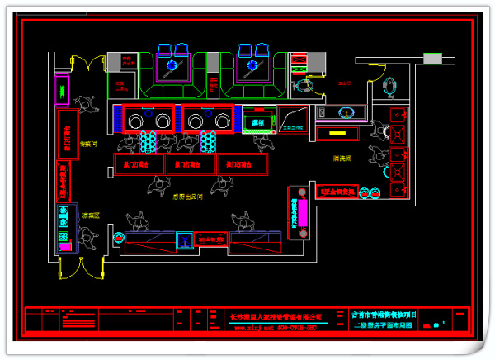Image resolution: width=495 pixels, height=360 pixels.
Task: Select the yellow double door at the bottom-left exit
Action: [x=80, y=268]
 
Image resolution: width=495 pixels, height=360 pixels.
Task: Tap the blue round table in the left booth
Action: [x=172, y=65]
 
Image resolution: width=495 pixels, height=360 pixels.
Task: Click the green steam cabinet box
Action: [x=258, y=123]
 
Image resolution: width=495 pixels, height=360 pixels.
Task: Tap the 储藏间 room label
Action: [x=90, y=144]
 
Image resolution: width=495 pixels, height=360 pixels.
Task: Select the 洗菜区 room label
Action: [x=90, y=216]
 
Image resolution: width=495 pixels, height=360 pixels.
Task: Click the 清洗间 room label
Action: [x=343, y=158]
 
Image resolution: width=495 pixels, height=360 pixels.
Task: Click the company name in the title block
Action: [x=276, y=315]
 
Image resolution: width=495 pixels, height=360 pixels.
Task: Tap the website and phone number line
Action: [x=276, y=327]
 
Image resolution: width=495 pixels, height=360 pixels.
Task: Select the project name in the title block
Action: [x=384, y=315]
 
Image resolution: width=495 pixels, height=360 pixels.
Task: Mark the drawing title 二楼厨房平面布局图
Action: [x=384, y=326]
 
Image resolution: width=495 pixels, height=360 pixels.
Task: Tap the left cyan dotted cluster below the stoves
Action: [x=149, y=143]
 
